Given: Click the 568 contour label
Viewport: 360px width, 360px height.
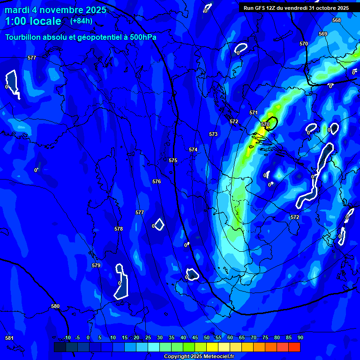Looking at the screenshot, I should coord(336,20).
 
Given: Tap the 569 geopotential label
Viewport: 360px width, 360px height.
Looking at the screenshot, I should coord(322,34).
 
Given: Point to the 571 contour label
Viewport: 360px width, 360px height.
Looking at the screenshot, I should coord(254,112).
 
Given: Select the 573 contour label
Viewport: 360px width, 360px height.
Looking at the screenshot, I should coord(213,134).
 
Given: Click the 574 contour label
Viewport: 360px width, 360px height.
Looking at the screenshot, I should coord(193,150).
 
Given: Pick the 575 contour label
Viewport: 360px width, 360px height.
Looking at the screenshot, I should coord(173,160).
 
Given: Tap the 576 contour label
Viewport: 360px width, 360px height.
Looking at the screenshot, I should coord(157,181).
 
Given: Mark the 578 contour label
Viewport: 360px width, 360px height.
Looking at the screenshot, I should coord(119,229).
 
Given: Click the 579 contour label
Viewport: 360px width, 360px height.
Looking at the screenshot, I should coord(96,265).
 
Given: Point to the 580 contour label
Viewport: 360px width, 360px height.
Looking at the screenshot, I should coord(55,306).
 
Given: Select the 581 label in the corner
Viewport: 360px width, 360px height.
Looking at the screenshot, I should coord(9,338).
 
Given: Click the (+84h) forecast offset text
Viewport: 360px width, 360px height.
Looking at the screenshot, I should coord(81,21).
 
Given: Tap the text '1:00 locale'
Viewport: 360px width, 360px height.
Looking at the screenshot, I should coord(33,22).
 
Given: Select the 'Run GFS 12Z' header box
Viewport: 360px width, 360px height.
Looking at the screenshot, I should coord(296,8).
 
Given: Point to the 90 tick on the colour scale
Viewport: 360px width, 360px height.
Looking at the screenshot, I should coord(300,337).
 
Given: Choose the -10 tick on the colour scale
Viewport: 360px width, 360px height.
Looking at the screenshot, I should coord(67,337).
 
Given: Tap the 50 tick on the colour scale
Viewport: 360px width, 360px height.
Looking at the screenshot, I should coord(207,337).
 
